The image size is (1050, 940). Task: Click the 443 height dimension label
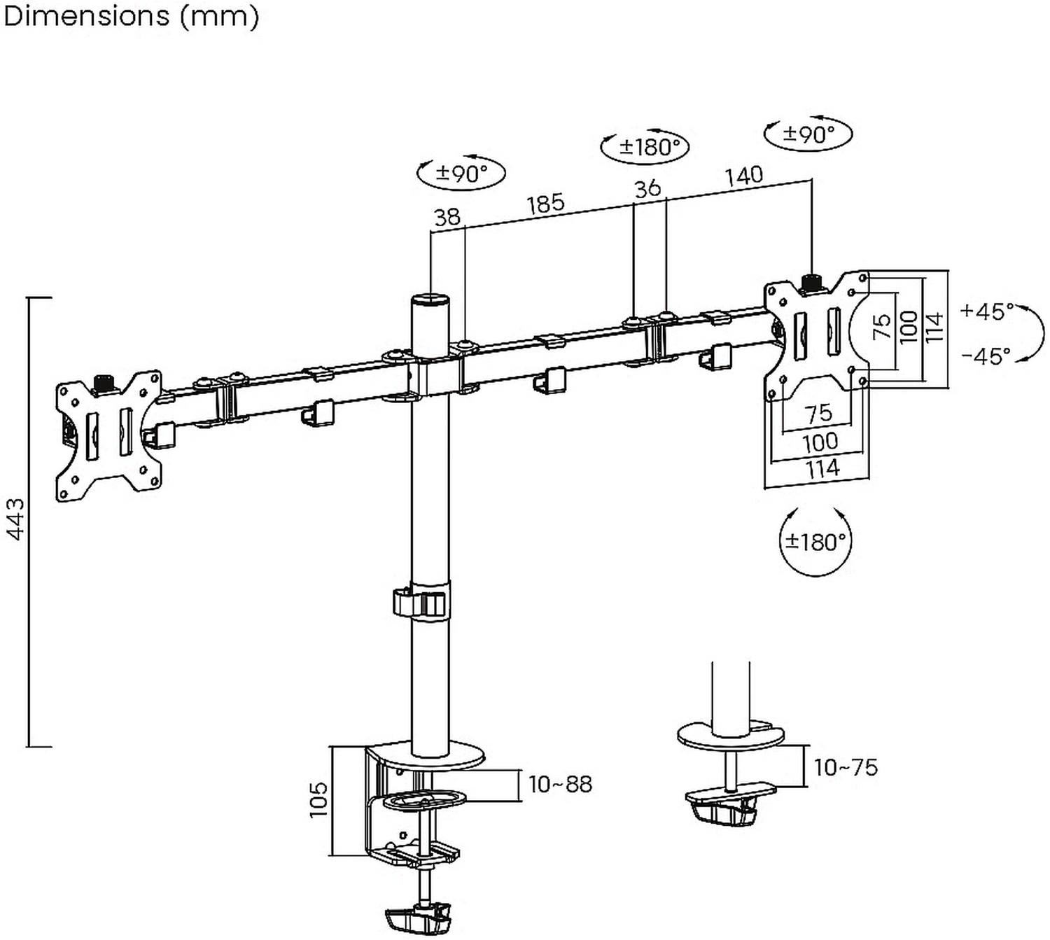tap(15, 519)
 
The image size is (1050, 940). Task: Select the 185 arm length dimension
tap(545, 204)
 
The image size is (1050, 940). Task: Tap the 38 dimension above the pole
tap(447, 217)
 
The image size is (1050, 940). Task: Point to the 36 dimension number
tap(647, 188)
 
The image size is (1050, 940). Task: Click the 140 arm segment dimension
tap(743, 175)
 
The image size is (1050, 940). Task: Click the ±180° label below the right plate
tap(815, 541)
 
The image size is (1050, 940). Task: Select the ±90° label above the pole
tap(461, 172)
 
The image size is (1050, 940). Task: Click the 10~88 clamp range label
tap(560, 785)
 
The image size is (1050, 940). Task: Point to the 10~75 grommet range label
tap(846, 768)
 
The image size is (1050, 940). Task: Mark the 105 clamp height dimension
tap(318, 799)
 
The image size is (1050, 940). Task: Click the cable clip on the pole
tap(419, 603)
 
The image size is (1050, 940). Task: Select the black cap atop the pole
tap(428, 300)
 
